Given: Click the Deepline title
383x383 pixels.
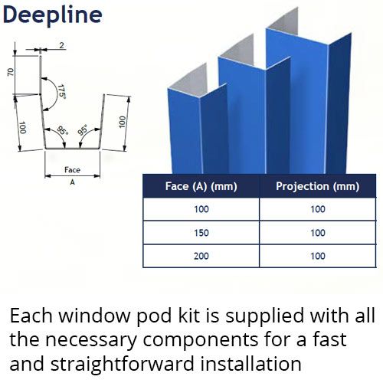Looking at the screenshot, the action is point(53,15).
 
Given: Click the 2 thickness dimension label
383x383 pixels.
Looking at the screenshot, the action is point(61,45).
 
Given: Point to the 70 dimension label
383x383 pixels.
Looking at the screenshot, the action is point(10,72).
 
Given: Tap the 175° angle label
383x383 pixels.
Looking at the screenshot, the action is point(61,92).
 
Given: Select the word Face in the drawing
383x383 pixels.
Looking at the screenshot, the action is point(72,170).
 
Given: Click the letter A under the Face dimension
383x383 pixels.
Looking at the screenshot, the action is point(73,182).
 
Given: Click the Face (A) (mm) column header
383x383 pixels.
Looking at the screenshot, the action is point(201,186).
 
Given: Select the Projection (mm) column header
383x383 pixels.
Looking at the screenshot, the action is point(318,186).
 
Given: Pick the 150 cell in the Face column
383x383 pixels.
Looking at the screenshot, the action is point(201,233).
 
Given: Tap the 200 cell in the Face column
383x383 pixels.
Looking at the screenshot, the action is point(201,256).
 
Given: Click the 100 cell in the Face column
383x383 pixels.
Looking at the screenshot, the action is point(201,209).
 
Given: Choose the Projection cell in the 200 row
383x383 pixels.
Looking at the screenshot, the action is point(318,256).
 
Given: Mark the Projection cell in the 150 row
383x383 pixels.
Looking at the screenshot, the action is point(318,233).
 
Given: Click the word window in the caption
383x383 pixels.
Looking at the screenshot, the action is point(94,316).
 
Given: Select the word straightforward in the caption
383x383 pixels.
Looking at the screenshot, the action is point(123,365).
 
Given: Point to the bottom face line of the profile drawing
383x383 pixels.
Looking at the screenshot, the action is point(73,149).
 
